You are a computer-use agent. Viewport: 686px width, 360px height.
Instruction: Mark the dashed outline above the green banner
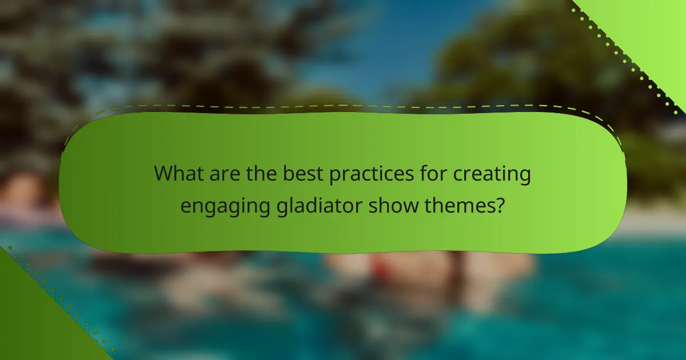click(x=343, y=106)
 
